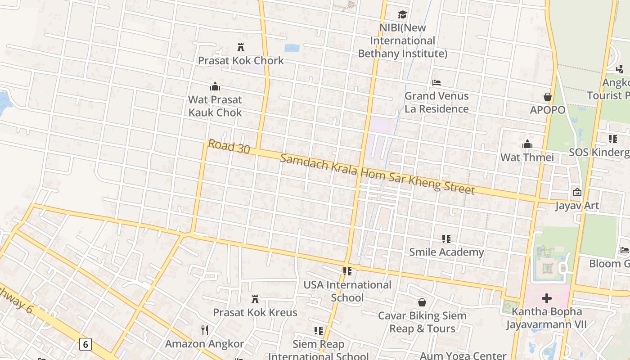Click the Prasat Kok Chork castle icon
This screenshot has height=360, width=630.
(241, 47)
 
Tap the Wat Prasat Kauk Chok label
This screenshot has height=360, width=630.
(215, 106)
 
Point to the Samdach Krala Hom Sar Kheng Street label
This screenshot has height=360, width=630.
(377, 174)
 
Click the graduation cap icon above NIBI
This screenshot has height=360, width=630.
(402, 15)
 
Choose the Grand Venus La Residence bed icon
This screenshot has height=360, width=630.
(436, 83)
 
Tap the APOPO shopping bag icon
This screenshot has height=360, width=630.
(547, 97)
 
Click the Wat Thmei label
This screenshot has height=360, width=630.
(527, 157)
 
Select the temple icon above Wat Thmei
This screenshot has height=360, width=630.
(527, 144)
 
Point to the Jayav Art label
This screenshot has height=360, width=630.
(577, 206)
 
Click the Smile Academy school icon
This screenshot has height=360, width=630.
(446, 238)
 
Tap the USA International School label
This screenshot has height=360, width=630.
(347, 291)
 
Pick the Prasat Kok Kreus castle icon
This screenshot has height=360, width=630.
(255, 299)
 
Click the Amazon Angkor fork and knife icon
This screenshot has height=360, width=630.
(205, 330)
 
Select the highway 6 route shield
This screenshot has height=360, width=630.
(85, 345)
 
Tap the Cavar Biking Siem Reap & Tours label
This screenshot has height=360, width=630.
(422, 322)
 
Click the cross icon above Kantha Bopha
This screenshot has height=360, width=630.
(547, 298)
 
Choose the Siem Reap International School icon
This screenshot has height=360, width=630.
(319, 331)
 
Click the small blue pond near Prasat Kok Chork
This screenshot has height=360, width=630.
(292, 48)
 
